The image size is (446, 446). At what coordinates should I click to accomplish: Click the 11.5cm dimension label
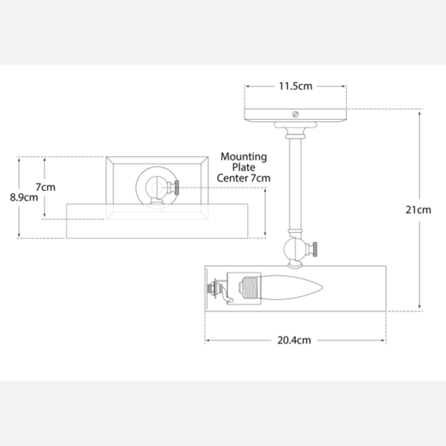coord(295,86)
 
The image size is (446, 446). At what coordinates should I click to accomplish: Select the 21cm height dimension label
coord(418,210)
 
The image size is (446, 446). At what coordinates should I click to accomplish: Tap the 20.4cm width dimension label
coord(294,340)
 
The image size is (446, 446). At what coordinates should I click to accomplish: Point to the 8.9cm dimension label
coord(24,197)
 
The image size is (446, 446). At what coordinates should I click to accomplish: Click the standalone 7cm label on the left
coord(45,187)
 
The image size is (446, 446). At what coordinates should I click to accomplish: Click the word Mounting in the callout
coord(244,157)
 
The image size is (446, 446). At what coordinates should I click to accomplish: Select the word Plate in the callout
coord(244,167)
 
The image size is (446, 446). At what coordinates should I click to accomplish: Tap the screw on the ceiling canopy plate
coord(295,114)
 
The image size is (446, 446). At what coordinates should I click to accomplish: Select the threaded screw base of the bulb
coord(249,288)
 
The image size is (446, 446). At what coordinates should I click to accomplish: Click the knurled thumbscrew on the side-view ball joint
coord(314,249)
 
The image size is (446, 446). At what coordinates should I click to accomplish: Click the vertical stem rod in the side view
coord(295,184)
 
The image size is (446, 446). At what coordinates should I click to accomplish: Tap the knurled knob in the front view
coord(176,188)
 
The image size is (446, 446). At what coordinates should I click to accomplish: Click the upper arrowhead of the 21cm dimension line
coord(419,113)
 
